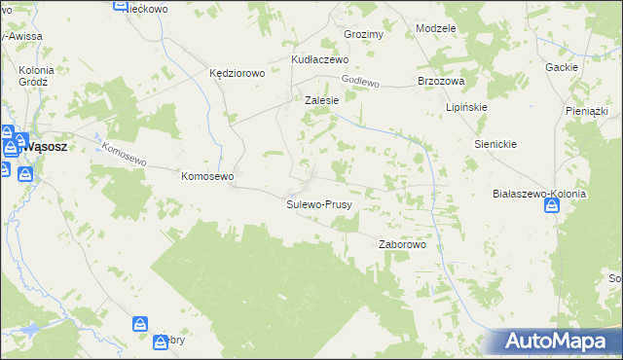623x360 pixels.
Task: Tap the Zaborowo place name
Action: click(402, 244)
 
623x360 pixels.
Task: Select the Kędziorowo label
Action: click(238, 73)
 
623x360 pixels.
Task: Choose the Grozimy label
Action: click(364, 34)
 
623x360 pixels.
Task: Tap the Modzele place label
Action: click(435, 28)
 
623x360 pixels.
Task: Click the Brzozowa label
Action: click(440, 81)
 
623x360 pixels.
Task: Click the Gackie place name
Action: click(563, 67)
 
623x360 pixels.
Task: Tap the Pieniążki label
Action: click(586, 112)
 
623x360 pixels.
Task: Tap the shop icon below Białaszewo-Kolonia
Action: click(552, 207)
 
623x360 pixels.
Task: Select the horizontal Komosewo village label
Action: click(208, 176)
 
